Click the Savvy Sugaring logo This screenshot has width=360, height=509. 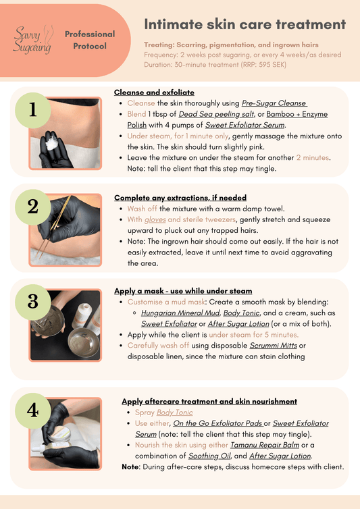click(x=33, y=40)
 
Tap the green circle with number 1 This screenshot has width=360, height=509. click(x=33, y=110)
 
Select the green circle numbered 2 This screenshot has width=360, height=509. click(x=33, y=207)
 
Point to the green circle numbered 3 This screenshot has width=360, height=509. click(x=33, y=302)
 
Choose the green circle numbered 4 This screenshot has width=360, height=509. click(x=33, y=411)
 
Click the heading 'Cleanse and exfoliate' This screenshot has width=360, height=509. click(x=154, y=92)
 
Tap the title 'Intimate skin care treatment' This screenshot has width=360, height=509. click(x=245, y=24)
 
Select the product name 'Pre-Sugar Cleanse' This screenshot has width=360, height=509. click(x=274, y=103)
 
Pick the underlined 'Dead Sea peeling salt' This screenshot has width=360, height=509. click(x=216, y=114)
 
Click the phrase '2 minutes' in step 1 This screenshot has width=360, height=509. click(x=312, y=158)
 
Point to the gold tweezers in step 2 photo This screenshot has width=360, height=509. click(x=53, y=227)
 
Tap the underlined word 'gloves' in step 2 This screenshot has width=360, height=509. click(x=155, y=220)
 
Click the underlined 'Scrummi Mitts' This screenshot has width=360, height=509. click(x=274, y=346)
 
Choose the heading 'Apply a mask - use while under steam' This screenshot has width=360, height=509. click(x=183, y=291)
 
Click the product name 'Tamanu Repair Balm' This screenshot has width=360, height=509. click(x=265, y=445)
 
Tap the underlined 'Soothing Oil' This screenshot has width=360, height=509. click(x=209, y=456)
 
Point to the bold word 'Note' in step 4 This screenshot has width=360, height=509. click(x=130, y=467)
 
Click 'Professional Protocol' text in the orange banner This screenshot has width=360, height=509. click(x=90, y=40)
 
